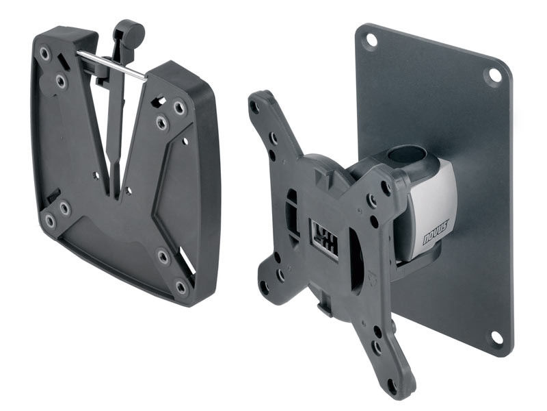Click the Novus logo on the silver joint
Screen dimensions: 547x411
click(436, 233)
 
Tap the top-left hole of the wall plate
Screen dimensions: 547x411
click(371, 40)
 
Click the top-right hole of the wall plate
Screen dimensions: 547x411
click(494, 75)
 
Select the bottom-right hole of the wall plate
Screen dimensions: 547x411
click(496, 337)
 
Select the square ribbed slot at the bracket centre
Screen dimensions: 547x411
click(323, 239)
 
